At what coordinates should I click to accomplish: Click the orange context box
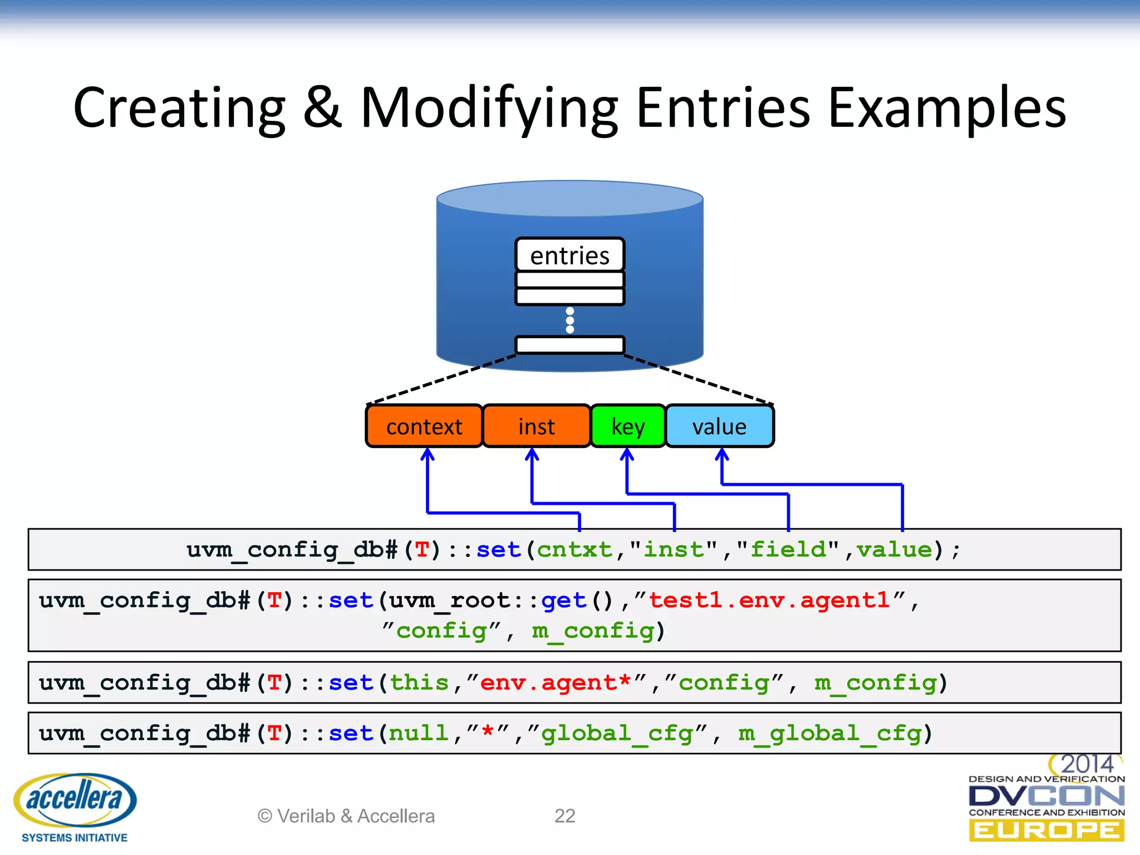(x=424, y=426)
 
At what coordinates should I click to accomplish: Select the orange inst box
(x=536, y=426)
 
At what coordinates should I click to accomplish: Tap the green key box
(x=628, y=426)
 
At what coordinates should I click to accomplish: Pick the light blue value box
(x=719, y=426)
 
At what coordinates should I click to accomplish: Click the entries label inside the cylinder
(x=569, y=255)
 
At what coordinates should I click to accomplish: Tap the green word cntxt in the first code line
(x=574, y=550)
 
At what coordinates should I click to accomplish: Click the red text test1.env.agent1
(x=769, y=601)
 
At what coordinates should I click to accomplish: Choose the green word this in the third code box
(x=419, y=682)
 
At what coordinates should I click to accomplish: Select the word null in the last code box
(x=419, y=733)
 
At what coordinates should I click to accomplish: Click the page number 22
(x=564, y=816)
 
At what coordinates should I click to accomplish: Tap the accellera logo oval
(x=75, y=799)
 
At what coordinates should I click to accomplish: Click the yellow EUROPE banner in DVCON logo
(x=1046, y=831)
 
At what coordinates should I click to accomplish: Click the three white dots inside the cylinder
(x=569, y=320)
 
